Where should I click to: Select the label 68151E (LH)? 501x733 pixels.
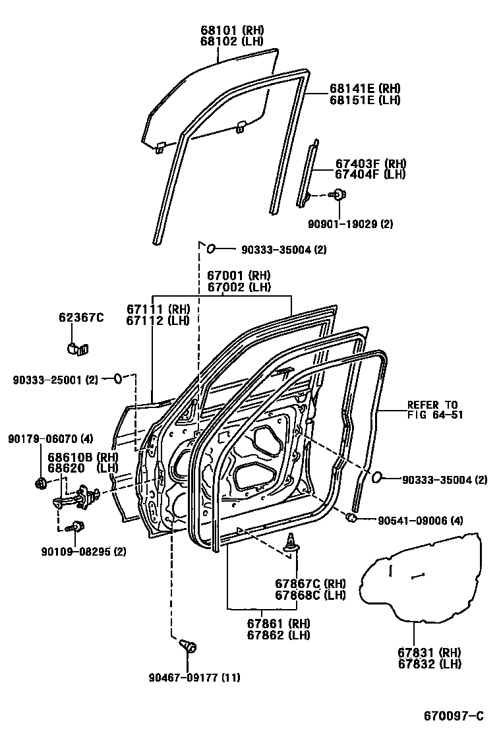click(x=365, y=100)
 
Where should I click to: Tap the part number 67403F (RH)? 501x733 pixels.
click(x=370, y=164)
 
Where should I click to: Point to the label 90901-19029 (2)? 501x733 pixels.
click(x=350, y=224)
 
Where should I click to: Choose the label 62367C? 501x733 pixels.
click(x=81, y=318)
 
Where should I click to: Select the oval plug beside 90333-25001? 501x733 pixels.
click(x=117, y=378)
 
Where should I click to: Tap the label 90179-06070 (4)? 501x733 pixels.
click(x=50, y=439)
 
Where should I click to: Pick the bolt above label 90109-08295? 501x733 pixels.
click(x=78, y=526)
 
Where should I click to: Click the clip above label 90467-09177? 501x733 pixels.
click(x=187, y=645)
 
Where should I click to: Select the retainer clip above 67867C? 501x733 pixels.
click(x=291, y=543)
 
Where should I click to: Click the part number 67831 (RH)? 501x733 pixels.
click(x=428, y=652)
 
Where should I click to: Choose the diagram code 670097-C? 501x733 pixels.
click(x=453, y=716)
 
